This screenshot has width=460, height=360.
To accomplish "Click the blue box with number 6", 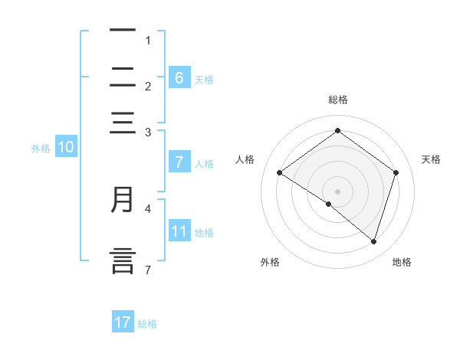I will point(179,77).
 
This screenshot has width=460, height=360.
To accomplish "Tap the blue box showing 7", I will point(179,162).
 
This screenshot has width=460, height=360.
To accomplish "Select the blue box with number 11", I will point(179,231).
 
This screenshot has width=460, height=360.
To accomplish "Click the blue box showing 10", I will point(65,148).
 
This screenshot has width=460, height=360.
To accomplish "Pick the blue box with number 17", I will point(123,322).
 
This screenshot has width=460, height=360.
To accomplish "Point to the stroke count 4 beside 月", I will point(149,208).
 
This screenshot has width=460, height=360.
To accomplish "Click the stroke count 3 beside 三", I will point(148,133).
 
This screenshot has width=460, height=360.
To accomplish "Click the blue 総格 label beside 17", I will point(147,324).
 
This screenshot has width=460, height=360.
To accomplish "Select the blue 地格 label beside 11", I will point(204,233).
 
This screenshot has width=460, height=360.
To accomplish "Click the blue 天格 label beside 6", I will point(204,79).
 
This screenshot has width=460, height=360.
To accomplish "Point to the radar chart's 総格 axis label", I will point(337,100).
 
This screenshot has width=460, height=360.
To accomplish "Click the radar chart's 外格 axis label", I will point(270,263).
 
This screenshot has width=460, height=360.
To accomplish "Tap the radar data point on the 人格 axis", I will point(280,173).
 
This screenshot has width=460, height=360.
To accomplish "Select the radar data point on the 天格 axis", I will point(396,172).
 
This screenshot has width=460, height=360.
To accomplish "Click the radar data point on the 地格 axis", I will point(373,241).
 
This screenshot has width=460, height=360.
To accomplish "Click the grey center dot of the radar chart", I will point(337,191).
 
